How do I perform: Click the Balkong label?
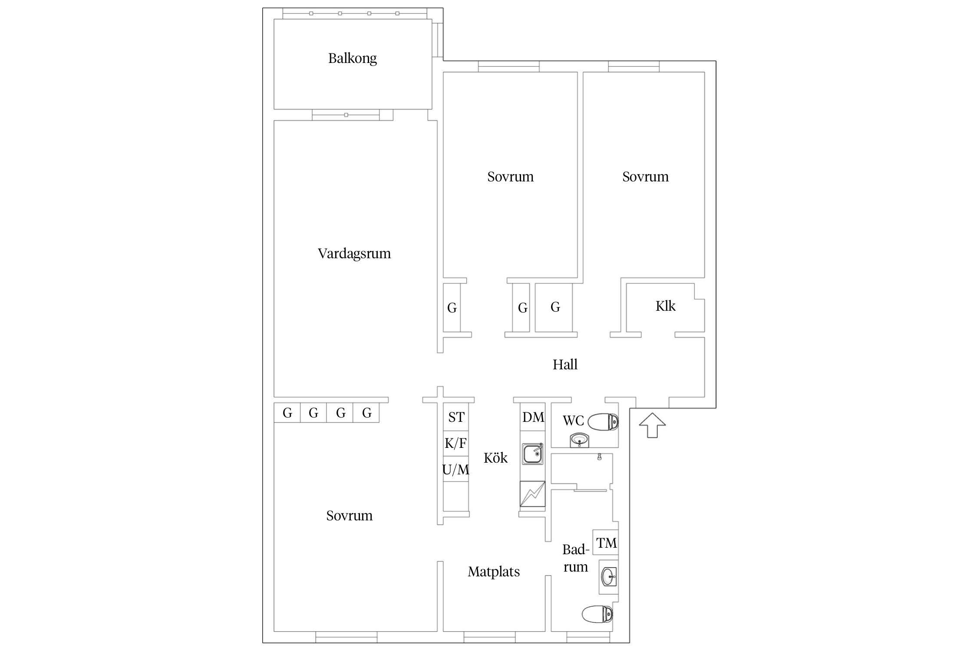[x=352, y=58]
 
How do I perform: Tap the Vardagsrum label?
[x=354, y=253]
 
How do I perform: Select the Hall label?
[x=565, y=365]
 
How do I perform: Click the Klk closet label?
[x=666, y=306]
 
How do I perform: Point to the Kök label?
[x=495, y=457]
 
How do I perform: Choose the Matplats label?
[x=494, y=572]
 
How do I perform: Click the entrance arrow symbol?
[x=652, y=425]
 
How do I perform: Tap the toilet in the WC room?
[x=603, y=421]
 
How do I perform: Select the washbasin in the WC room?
[x=579, y=440]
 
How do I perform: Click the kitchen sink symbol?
[x=533, y=454]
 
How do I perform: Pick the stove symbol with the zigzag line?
[x=532, y=494]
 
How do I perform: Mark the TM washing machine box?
[x=606, y=542]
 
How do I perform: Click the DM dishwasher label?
[x=533, y=418]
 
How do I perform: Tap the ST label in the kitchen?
[x=456, y=418]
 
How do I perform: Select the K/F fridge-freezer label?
[x=455, y=444]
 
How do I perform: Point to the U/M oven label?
[x=455, y=470]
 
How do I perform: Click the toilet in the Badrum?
[x=597, y=614]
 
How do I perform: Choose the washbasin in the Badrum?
[x=609, y=577]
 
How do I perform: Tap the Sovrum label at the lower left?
[x=350, y=516]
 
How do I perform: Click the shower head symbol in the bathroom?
[x=599, y=457]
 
